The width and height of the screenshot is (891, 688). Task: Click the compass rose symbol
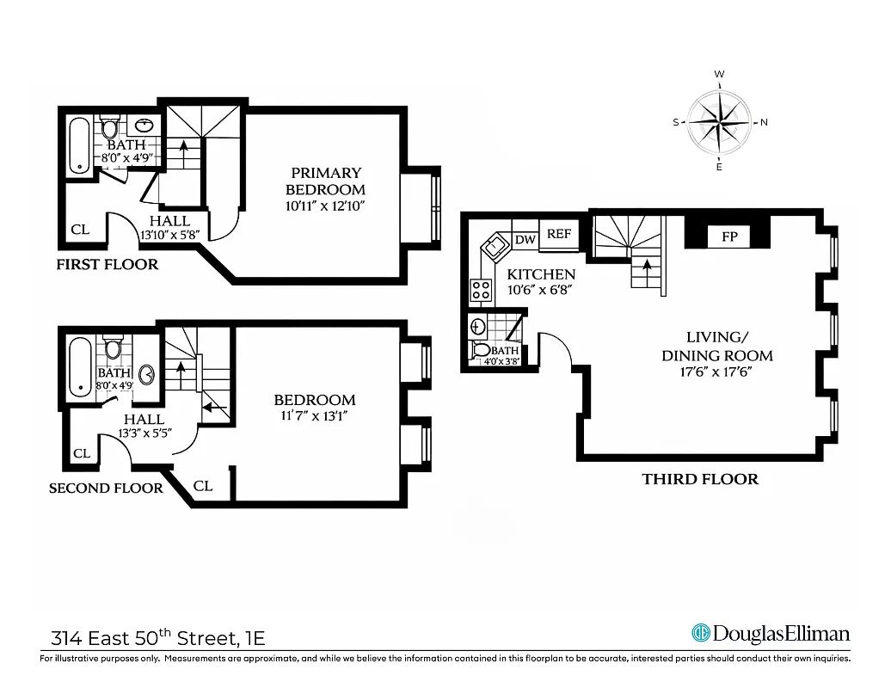(x=719, y=122)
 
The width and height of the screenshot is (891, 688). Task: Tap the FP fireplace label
(x=728, y=236)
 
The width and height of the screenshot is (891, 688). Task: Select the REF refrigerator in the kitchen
(x=559, y=234)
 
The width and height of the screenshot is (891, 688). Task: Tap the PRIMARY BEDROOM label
(x=325, y=181)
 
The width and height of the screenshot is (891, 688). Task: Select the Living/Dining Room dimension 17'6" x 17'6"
(x=716, y=373)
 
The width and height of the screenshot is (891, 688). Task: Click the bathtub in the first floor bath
(x=79, y=146)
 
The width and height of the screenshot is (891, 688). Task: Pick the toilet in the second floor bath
(x=113, y=349)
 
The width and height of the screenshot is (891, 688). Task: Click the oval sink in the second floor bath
(x=146, y=375)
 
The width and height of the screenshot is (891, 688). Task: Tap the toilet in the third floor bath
(x=482, y=350)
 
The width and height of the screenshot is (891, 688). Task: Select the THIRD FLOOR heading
(x=700, y=479)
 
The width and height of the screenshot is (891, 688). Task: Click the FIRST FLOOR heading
(x=108, y=264)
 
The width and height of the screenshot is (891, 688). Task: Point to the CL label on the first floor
(x=80, y=230)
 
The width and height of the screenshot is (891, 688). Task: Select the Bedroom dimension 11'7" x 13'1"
(x=314, y=416)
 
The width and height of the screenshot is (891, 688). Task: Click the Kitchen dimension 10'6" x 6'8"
(x=540, y=291)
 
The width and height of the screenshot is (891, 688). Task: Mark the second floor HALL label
(x=144, y=419)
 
